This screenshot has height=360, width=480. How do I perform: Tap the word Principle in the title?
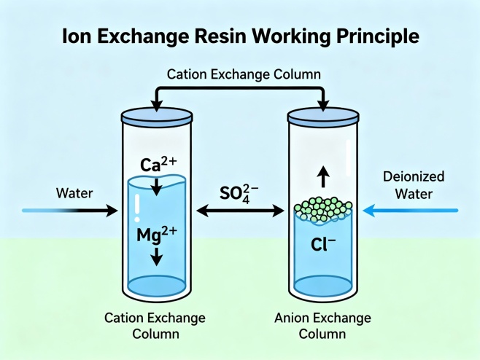coord(380,36)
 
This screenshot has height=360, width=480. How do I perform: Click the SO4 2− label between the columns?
coord(241,194)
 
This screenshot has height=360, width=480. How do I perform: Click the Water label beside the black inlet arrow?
coord(74,194)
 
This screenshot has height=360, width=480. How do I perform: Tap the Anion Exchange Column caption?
coord(322,326)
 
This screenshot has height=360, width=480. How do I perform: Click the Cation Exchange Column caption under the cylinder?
coord(155,326)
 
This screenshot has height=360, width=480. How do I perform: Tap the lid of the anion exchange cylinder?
coord(322,114)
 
